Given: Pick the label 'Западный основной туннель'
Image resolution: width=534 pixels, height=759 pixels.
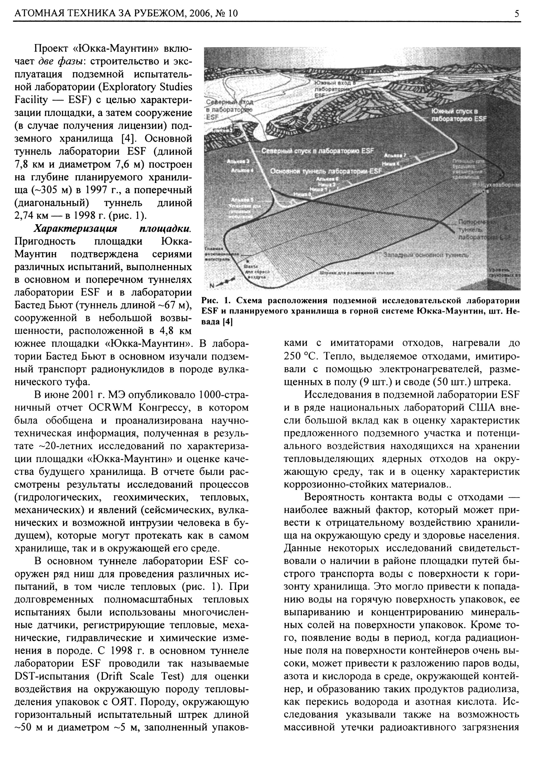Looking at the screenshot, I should (426, 255).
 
